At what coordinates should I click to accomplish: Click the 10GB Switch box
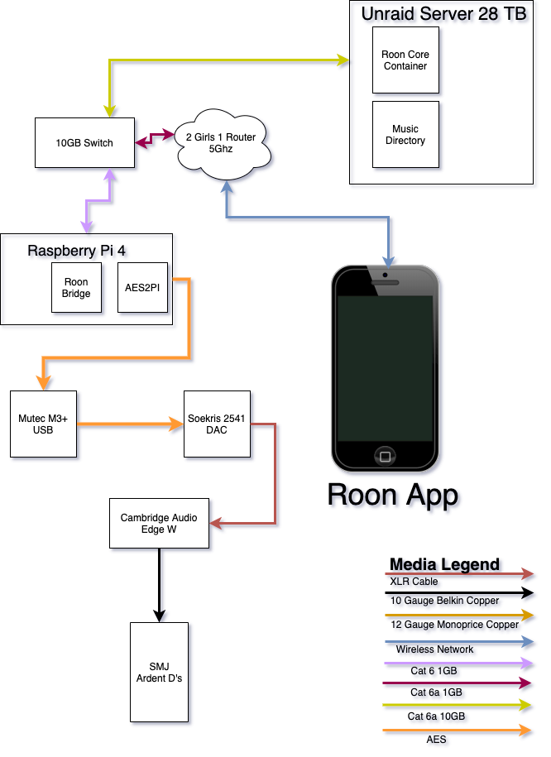coord(84,143)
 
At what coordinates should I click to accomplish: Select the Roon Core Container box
coord(405,60)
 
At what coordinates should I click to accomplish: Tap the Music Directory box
coord(405,134)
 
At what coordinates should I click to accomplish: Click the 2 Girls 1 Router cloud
coord(222,143)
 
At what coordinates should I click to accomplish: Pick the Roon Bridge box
coord(76,288)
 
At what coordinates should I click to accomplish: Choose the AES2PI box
coord(142,288)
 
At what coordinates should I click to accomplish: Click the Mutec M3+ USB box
coord(44,424)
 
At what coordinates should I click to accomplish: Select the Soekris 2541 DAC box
coord(217,424)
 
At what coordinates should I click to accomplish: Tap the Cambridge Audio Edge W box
coord(159,524)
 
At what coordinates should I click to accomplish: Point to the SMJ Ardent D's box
coord(159,672)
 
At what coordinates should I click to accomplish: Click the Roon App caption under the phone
coord(393,496)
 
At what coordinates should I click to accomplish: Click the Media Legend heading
coord(444,564)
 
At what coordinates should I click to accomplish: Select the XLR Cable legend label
coord(414,582)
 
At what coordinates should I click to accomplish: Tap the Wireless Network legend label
coord(434,649)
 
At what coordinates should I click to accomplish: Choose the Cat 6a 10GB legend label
coord(436,716)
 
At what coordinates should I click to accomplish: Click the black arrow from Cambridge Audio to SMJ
coord(159,585)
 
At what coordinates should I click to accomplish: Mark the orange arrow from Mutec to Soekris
coord(131,424)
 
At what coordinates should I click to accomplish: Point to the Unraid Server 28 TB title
coord(443,13)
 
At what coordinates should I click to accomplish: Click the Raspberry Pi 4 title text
coord(76,251)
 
